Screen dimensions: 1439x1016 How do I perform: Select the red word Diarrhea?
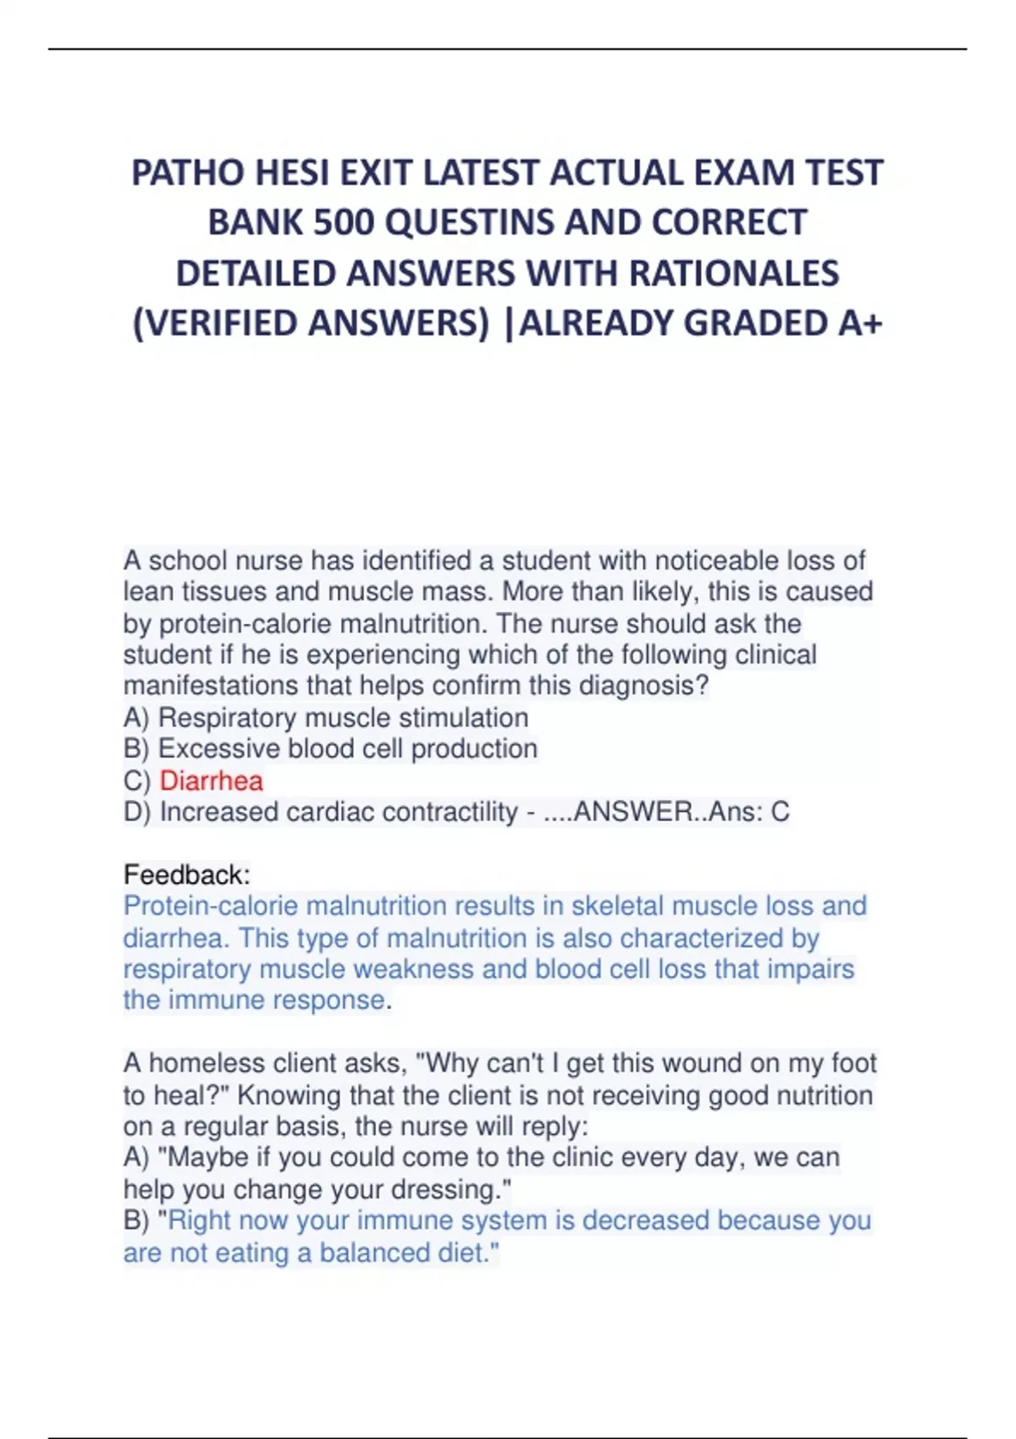(211, 780)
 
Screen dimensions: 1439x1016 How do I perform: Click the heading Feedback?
(186, 874)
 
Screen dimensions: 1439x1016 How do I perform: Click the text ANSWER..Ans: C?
(681, 813)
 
